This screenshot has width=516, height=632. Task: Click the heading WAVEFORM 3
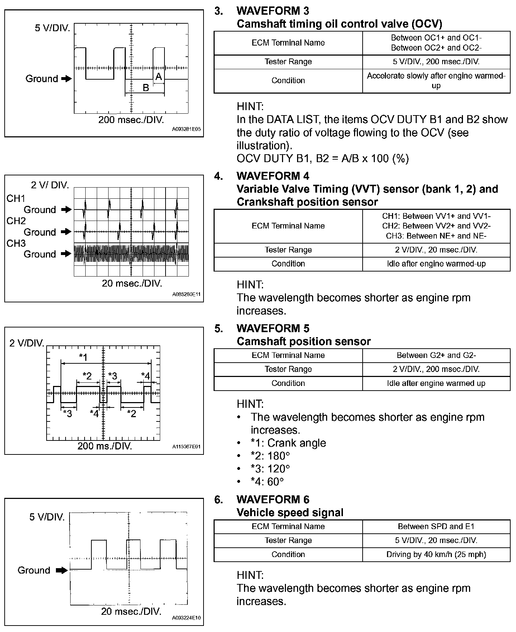click(x=273, y=11)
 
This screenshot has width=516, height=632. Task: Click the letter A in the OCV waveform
click(x=158, y=76)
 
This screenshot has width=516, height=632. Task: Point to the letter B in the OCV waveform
click(x=146, y=88)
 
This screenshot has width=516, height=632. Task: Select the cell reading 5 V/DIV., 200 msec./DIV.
click(x=436, y=62)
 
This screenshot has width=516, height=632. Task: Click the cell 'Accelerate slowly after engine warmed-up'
click(x=436, y=81)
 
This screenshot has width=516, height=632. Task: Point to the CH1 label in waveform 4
click(x=16, y=198)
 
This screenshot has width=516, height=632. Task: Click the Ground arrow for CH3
click(x=66, y=254)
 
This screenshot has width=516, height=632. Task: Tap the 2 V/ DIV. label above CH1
click(x=50, y=185)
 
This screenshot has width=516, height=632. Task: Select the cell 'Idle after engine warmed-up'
click(x=436, y=264)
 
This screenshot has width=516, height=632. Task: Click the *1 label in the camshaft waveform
click(x=83, y=357)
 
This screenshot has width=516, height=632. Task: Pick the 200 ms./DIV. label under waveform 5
click(x=105, y=446)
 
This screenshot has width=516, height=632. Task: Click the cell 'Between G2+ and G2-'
click(x=436, y=355)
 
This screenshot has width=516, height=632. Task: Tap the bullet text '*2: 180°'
click(x=270, y=456)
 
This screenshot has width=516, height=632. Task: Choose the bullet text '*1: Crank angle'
click(x=288, y=443)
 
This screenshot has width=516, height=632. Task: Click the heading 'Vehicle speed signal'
click(x=290, y=513)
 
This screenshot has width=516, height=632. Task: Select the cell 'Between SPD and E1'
click(x=436, y=527)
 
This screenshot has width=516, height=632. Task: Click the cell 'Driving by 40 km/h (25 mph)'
click(x=436, y=555)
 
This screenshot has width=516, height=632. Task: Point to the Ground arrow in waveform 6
click(x=62, y=570)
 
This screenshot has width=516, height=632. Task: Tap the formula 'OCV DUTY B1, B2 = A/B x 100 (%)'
click(x=322, y=159)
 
